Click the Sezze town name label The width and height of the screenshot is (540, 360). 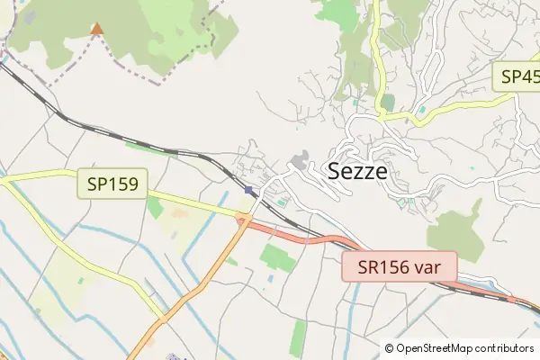click(358, 171)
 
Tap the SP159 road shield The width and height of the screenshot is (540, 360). click(112, 185)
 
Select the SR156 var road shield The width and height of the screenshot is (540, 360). click(400, 267)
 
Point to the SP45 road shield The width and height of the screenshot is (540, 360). click(517, 76)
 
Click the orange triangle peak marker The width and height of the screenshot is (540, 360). click(96, 29)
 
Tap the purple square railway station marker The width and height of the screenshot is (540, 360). click(248, 189)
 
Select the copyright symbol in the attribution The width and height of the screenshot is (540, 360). click(389, 347)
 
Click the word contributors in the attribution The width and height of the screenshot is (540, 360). click(504, 347)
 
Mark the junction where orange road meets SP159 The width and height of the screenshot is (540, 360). click(243, 217)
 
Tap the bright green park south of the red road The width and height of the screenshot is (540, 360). click(278, 258)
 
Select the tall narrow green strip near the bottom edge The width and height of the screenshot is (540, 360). click(298, 338)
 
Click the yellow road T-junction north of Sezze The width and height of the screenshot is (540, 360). click(378, 117)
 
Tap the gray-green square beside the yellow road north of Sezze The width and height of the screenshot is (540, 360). click(387, 102)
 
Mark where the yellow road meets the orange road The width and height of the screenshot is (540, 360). click(162, 317)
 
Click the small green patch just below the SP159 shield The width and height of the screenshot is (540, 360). click(155, 209)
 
